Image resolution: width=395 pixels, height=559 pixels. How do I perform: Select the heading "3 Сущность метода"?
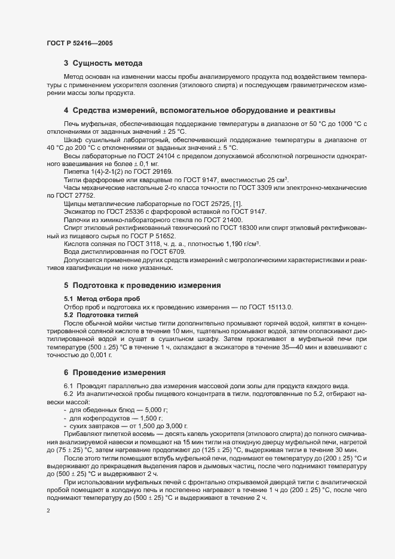[x=103, y=63]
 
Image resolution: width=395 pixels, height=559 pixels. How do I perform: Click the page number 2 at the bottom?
[x=48, y=511]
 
